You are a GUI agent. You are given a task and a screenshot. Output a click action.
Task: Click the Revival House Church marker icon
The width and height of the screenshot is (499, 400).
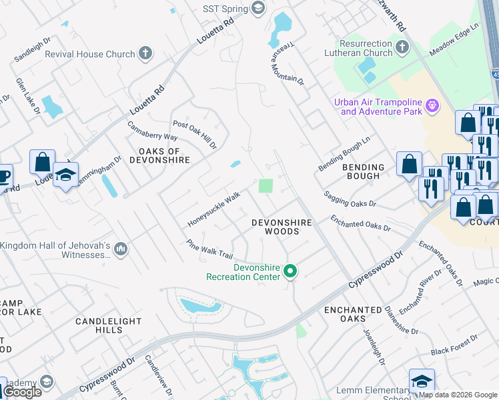[146, 53]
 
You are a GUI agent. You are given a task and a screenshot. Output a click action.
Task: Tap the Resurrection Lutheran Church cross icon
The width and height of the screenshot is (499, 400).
[402, 47]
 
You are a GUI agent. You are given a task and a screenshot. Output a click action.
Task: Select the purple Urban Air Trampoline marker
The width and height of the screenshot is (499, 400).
[432, 105]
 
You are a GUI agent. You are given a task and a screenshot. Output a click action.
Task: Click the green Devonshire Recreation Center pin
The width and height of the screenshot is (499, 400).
[290, 271]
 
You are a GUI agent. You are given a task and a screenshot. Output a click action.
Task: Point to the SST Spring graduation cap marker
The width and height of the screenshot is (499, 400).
[258, 8]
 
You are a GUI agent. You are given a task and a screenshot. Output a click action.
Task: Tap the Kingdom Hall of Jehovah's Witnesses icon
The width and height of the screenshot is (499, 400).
[121, 249]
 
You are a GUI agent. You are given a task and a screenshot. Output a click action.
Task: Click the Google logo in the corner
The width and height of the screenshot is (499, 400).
[22, 392]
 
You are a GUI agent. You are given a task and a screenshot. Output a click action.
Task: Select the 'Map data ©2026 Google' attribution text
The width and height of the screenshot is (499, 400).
[458, 395]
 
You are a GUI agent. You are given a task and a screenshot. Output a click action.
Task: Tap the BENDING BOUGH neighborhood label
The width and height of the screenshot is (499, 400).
[364, 171]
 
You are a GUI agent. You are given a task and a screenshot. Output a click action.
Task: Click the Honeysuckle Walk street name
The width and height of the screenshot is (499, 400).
[213, 209]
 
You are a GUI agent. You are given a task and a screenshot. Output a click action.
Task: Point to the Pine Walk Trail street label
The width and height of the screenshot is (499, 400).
[209, 250]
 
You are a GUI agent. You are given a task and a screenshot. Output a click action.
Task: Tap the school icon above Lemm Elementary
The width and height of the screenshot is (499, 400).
[421, 381]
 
